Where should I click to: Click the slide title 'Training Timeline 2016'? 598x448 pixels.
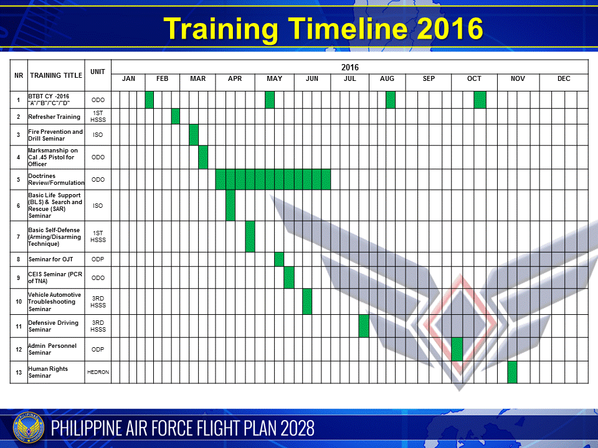323,29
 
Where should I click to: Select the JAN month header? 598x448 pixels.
128,79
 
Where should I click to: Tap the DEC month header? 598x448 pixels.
563,79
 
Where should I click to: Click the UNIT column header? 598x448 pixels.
98,72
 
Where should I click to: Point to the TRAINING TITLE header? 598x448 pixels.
56,75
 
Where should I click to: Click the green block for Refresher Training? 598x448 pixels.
176,116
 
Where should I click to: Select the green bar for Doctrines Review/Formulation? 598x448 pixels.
273,179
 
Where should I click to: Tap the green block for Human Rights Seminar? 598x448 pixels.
512,372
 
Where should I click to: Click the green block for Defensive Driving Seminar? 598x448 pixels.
364,326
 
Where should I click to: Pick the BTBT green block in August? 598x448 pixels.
391,100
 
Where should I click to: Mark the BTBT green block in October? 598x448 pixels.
480,100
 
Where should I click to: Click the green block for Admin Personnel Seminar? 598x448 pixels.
457,349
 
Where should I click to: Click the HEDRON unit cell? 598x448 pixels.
98,372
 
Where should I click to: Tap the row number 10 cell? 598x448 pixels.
19,302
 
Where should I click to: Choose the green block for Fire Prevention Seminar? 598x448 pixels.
194,135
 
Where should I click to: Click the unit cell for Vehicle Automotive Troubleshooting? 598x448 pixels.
98,302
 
